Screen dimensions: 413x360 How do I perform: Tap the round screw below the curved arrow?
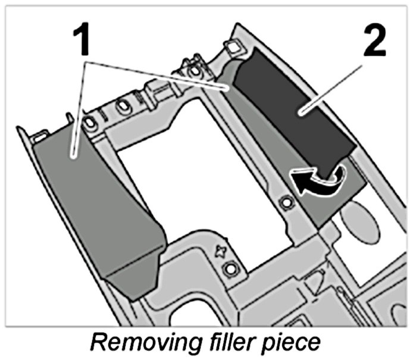(x=286, y=203)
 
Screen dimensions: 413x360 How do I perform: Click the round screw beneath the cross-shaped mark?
(x=227, y=270)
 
